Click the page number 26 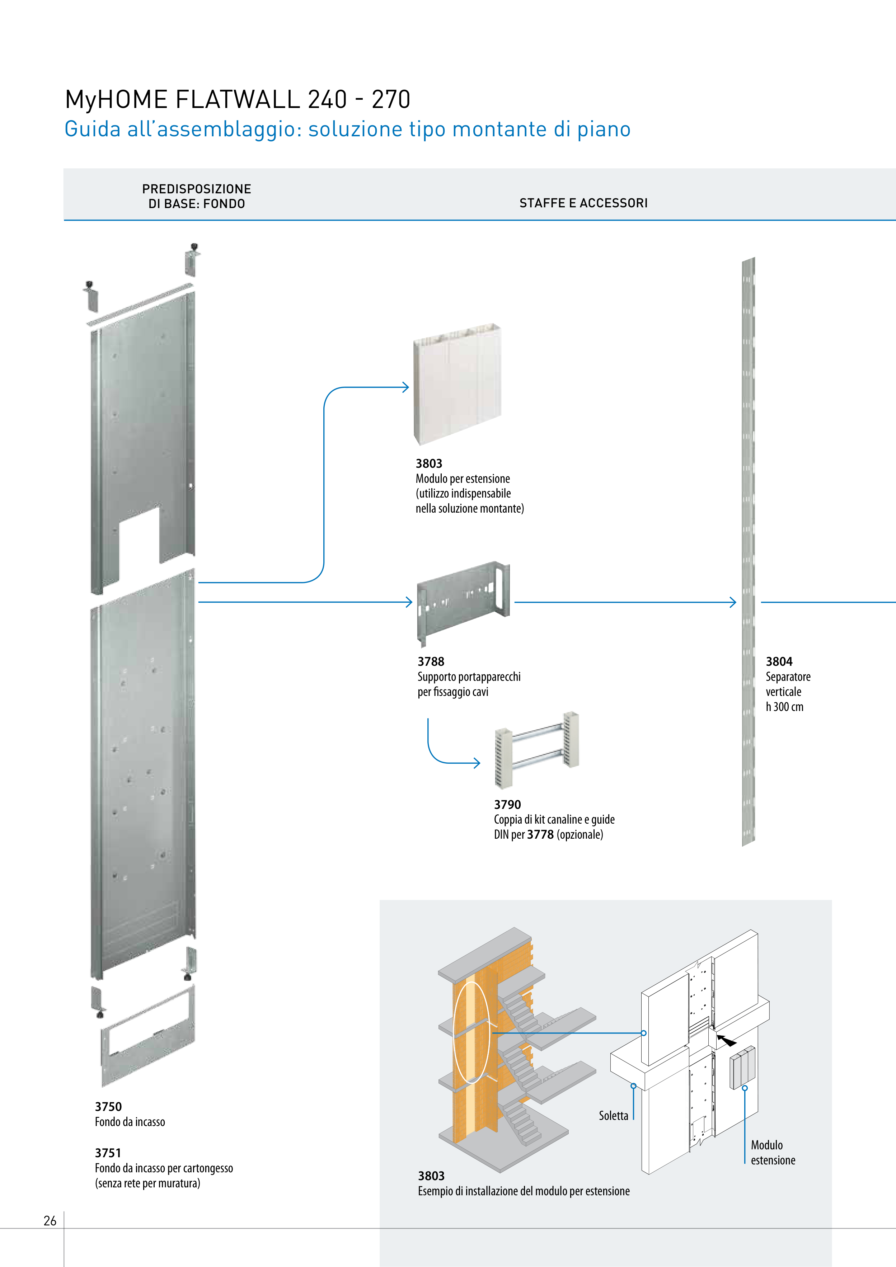[50, 1221]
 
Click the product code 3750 [108, 1106]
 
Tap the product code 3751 [108, 1153]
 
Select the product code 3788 [431, 661]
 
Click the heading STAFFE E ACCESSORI [583, 203]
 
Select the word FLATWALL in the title [238, 100]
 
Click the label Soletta [613, 1116]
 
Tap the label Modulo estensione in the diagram [772, 1152]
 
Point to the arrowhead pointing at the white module [406, 387]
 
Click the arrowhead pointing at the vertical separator [733, 602]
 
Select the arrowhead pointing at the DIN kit [477, 763]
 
